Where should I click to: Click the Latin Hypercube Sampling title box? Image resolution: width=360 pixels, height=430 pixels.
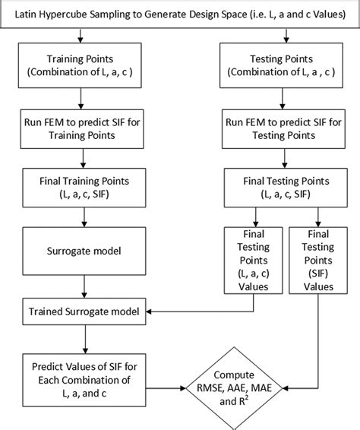[x=180, y=14]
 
